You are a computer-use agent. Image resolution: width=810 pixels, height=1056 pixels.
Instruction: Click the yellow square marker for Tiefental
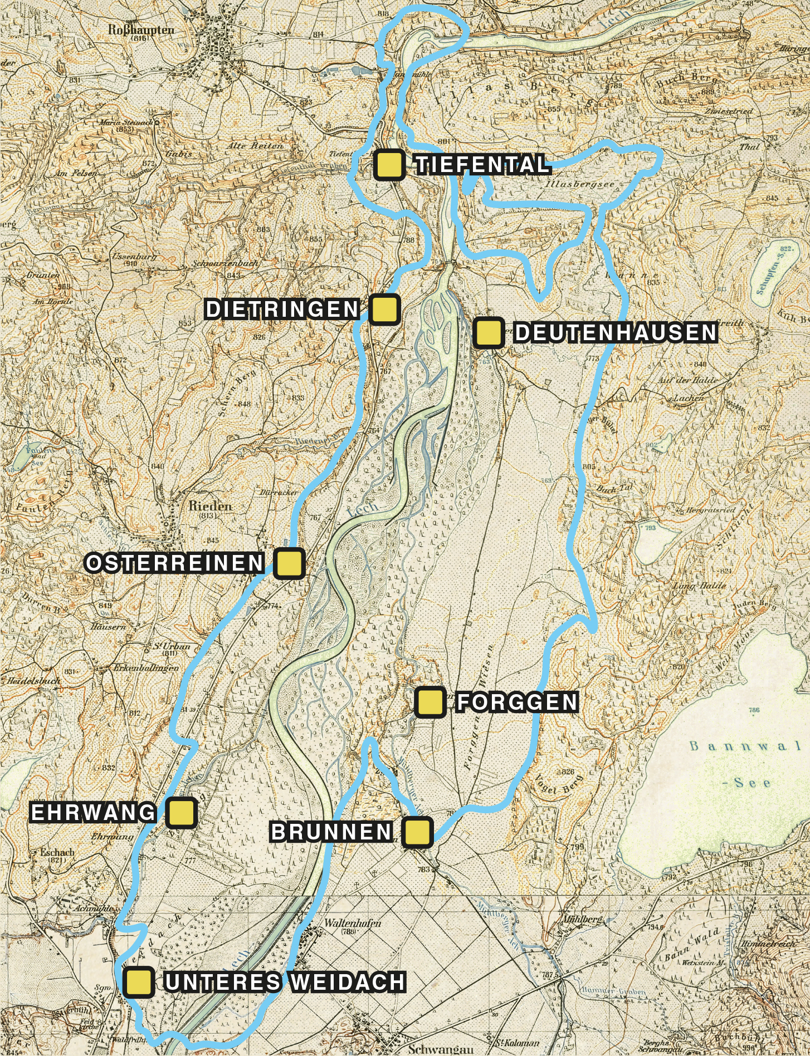click(389, 165)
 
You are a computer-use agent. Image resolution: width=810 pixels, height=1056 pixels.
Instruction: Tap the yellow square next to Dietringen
click(384, 310)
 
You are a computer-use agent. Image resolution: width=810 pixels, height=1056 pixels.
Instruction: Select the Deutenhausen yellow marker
click(489, 333)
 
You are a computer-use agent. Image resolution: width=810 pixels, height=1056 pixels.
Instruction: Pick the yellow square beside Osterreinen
click(290, 563)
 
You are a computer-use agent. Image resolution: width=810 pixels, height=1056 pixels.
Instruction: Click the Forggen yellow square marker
click(430, 702)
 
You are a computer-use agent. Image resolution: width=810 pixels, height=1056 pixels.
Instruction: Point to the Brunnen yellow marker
click(417, 832)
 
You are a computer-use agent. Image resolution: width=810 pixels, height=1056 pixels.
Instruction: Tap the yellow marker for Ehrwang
click(181, 812)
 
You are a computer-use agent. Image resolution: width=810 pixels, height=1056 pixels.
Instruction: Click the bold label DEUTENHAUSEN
click(616, 333)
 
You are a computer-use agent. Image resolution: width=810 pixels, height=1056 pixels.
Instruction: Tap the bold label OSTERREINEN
click(175, 563)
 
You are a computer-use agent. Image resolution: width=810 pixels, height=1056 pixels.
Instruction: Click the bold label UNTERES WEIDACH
click(285, 983)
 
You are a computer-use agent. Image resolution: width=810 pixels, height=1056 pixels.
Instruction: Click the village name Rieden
click(210, 506)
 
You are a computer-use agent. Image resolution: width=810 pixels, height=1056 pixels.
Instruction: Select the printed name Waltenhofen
click(352, 923)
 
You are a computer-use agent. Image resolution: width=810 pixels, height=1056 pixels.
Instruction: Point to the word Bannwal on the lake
click(738, 746)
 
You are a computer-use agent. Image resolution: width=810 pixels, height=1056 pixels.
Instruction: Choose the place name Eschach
click(57, 852)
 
